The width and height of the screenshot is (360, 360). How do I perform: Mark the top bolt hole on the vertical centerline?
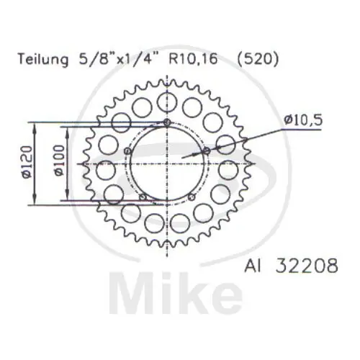coord(168,123)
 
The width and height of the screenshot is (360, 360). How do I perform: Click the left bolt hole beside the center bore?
coord(128,150)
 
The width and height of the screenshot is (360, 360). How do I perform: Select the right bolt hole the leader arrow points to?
coord(207,150)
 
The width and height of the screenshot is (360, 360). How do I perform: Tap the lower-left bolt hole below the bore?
coord(143,197)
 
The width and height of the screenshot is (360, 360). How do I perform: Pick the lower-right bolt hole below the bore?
coord(192,197)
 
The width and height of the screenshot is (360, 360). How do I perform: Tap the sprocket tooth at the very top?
coord(168,81)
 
